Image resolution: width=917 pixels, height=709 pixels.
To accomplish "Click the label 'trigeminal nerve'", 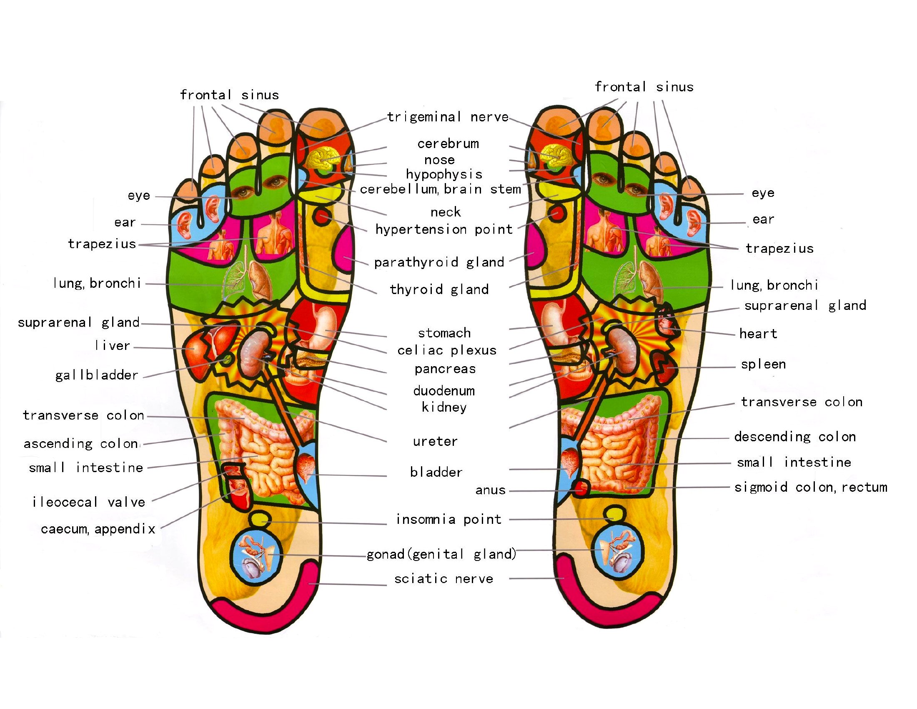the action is [x=448, y=117].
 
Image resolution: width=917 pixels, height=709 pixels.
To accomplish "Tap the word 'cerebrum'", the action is [x=448, y=143].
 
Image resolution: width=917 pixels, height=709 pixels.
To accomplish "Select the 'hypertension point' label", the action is [x=444, y=229].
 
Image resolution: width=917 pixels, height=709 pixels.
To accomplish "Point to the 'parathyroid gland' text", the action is [x=439, y=262].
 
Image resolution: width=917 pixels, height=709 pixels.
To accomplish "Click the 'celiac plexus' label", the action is [x=447, y=350].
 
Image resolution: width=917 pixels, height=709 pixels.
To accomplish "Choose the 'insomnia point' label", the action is [x=449, y=520].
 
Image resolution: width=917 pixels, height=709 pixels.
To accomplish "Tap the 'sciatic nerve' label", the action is [x=443, y=578].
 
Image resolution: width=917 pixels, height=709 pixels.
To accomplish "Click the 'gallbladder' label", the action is [x=97, y=375].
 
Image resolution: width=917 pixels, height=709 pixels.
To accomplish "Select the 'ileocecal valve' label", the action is [x=89, y=502].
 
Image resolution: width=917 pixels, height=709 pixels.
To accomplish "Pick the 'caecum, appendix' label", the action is [x=98, y=528].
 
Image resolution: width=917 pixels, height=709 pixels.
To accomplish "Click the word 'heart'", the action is [x=758, y=334].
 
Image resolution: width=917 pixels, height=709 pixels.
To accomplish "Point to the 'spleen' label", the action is [x=763, y=364].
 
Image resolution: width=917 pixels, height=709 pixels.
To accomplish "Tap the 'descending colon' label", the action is [x=795, y=437].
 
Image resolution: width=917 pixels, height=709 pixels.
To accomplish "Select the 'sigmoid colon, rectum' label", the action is [x=811, y=487].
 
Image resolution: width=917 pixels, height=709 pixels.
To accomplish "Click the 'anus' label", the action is [x=491, y=490].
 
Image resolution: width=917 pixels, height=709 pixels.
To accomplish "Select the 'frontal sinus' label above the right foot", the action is [x=644, y=87].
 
